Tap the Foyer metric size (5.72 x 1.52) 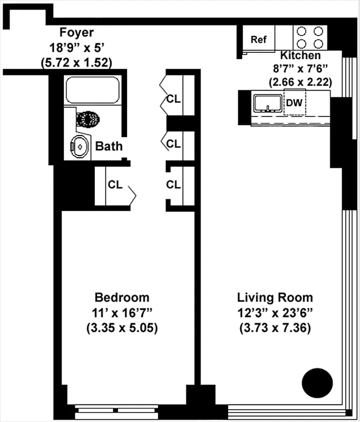[x=76, y=62]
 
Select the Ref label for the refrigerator [x=258, y=40]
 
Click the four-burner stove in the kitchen [x=309, y=37]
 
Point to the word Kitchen [x=300, y=55]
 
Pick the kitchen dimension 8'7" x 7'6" [x=300, y=69]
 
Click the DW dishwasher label [x=294, y=103]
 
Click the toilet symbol [x=88, y=118]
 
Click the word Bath [x=109, y=146]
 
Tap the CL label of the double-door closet [x=173, y=99]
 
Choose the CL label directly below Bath [x=115, y=185]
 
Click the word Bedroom [x=122, y=297]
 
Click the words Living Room [x=275, y=297]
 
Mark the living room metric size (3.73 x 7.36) [x=275, y=328]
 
